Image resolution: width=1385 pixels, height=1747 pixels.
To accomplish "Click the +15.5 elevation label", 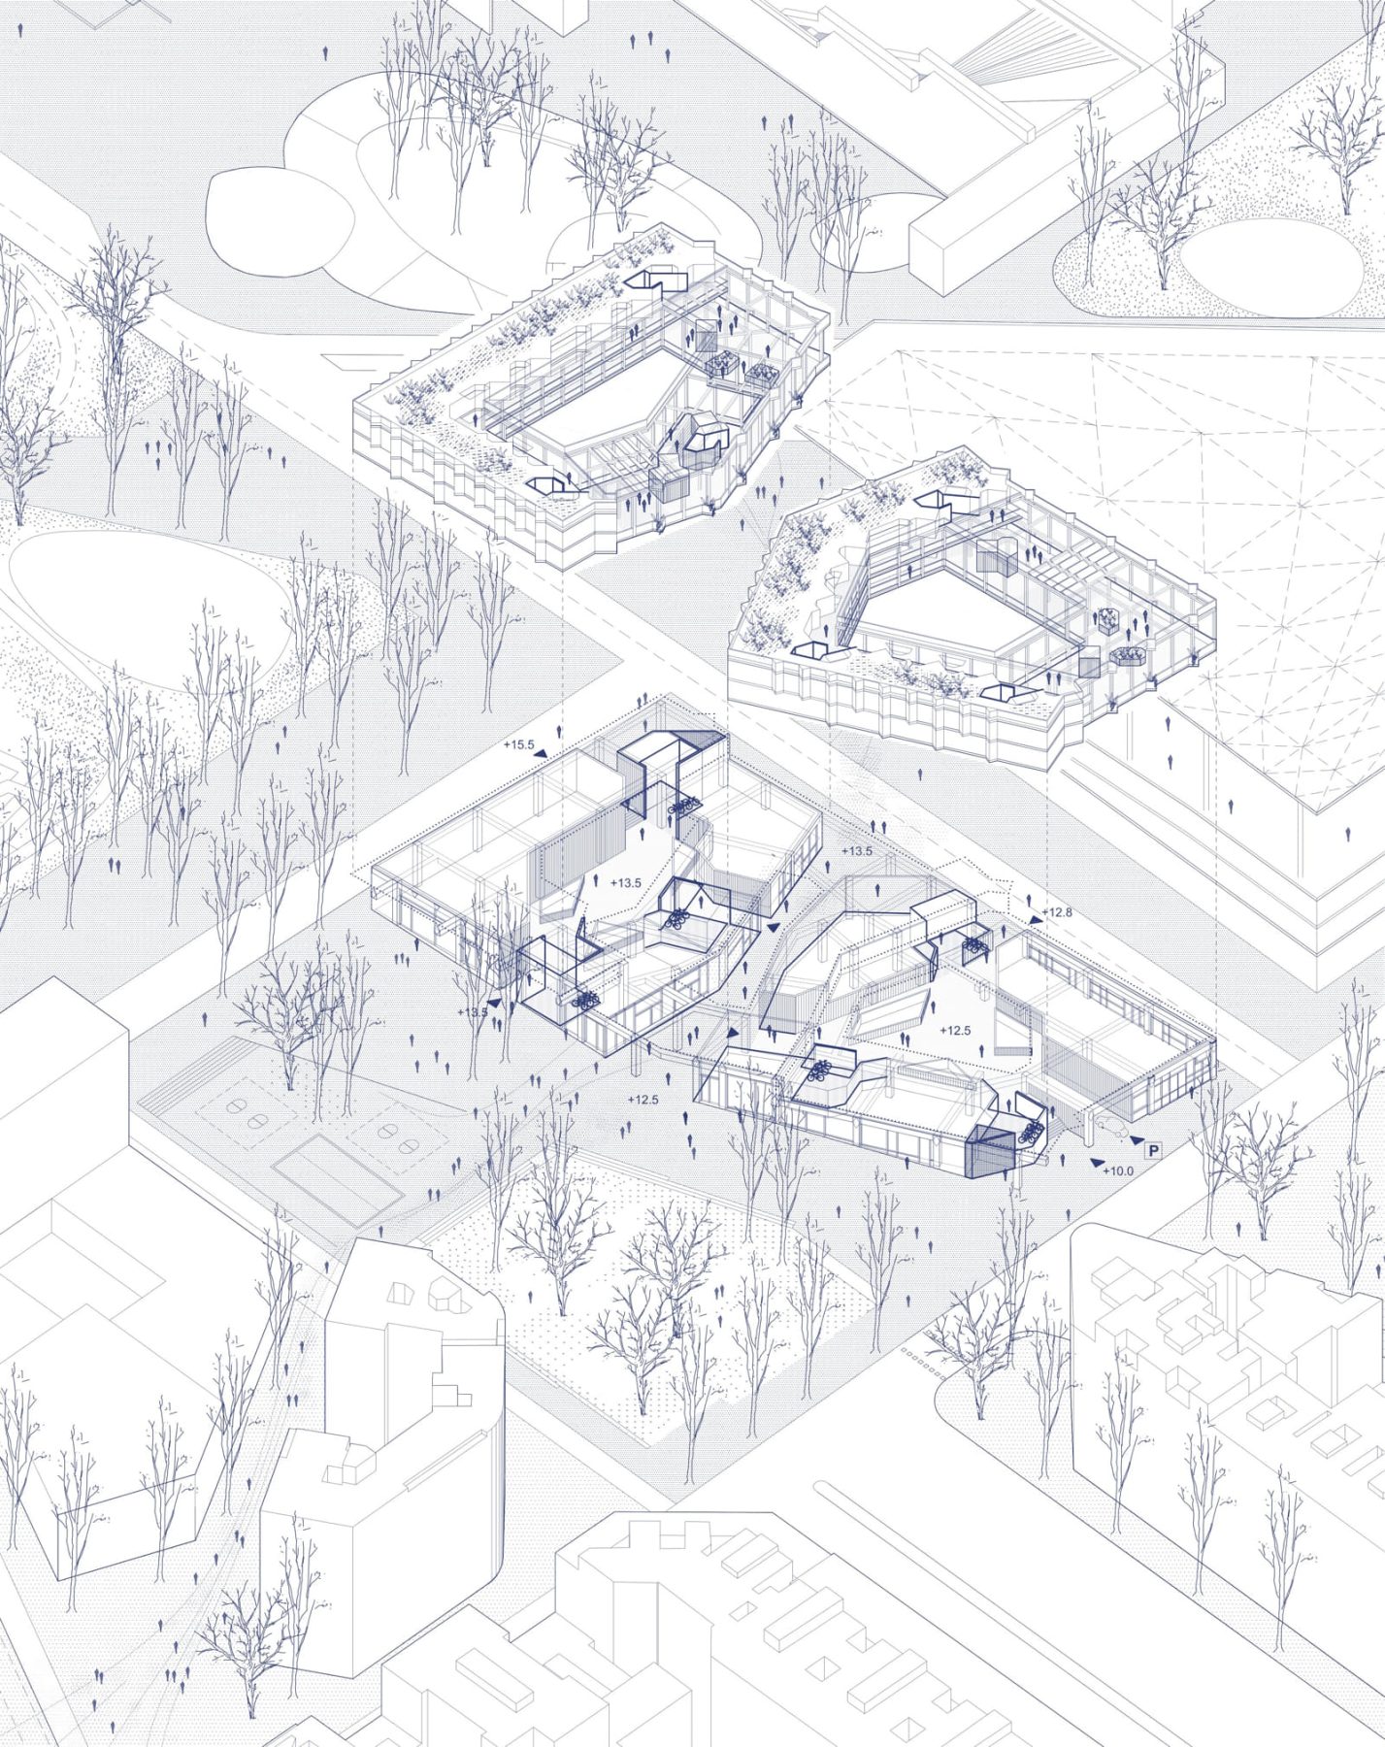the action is (519, 744).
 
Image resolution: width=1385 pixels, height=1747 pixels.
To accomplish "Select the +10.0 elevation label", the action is (1118, 1171).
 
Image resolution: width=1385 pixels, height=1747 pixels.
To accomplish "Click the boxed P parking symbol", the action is (1154, 1151).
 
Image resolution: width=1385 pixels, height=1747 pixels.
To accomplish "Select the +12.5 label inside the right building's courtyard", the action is (956, 1031).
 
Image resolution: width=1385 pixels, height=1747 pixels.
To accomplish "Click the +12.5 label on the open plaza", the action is (643, 1100).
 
